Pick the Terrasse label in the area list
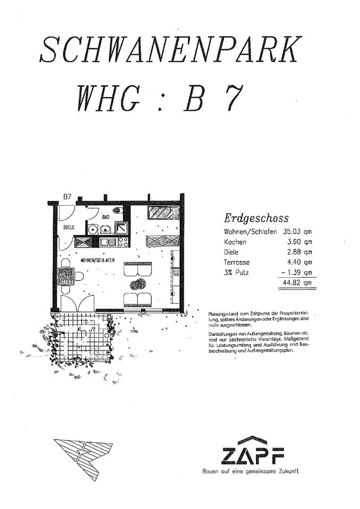(236, 262)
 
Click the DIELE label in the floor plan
(68, 227)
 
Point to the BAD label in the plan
(106, 217)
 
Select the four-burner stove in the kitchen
(122, 242)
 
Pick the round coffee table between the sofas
(140, 283)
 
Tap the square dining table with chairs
(66, 276)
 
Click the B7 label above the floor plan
(67, 197)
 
